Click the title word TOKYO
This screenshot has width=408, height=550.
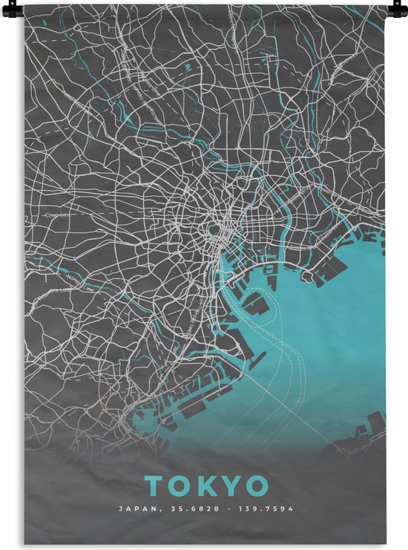(207, 485)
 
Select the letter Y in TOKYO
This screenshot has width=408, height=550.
(231, 485)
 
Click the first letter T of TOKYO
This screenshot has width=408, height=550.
(154, 485)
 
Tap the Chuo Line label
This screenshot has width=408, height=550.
(56, 217)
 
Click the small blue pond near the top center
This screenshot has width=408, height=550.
(188, 66)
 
